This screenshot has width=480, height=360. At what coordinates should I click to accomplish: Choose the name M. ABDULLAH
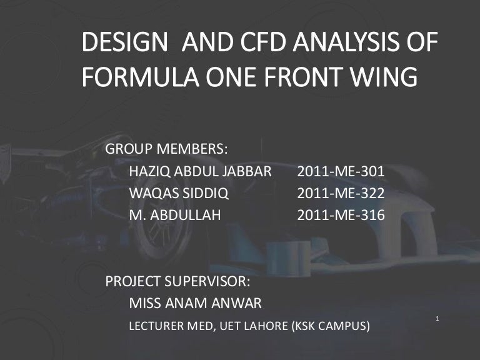174,216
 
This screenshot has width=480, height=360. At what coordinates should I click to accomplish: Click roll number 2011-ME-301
341,171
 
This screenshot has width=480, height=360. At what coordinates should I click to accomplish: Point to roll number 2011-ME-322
341,193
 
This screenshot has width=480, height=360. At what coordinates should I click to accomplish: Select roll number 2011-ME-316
341,216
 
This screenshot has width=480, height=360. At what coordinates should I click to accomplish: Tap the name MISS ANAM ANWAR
195,303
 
